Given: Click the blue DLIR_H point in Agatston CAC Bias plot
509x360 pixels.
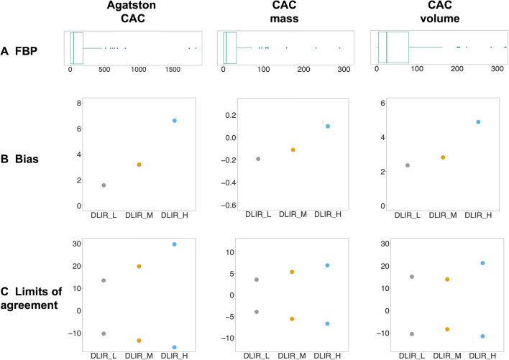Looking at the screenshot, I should click(x=175, y=121).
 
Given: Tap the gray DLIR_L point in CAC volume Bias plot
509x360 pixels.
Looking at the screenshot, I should click(x=408, y=165).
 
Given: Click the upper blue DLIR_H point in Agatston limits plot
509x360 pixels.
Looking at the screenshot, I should click(x=175, y=244).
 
